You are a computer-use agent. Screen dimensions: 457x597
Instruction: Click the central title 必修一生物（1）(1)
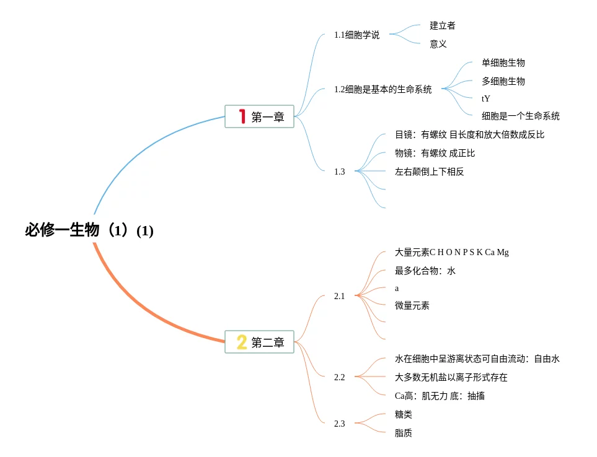(89, 230)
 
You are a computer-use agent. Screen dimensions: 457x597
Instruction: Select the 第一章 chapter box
(259, 116)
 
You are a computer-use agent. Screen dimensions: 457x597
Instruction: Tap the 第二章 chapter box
(259, 342)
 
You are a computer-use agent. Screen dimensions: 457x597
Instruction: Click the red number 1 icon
(242, 116)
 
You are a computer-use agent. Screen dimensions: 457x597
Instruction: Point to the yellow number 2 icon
(242, 342)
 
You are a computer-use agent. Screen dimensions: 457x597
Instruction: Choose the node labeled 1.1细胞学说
(356, 35)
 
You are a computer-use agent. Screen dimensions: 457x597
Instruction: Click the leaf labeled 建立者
(443, 26)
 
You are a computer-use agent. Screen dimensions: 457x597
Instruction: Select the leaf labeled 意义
(438, 44)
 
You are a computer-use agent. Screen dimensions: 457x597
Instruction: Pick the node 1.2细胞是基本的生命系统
(383, 89)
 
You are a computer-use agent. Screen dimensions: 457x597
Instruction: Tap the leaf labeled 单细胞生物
(503, 63)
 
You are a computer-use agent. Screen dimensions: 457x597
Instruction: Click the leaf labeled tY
(485, 98)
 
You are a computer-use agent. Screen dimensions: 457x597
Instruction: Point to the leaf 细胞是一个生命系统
(521, 116)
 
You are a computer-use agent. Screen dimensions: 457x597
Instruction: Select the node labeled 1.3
(339, 172)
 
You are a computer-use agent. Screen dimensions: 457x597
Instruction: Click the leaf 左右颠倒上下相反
(429, 172)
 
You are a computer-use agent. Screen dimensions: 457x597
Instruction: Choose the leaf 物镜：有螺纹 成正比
(435, 153)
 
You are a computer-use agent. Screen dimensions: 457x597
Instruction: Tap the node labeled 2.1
(339, 296)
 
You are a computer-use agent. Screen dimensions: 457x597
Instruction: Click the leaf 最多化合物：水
(425, 271)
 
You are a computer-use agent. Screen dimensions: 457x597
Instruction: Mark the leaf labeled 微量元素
(412, 305)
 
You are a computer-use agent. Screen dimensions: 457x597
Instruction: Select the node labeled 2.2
(339, 377)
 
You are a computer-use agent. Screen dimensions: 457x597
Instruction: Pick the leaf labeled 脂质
(403, 433)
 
